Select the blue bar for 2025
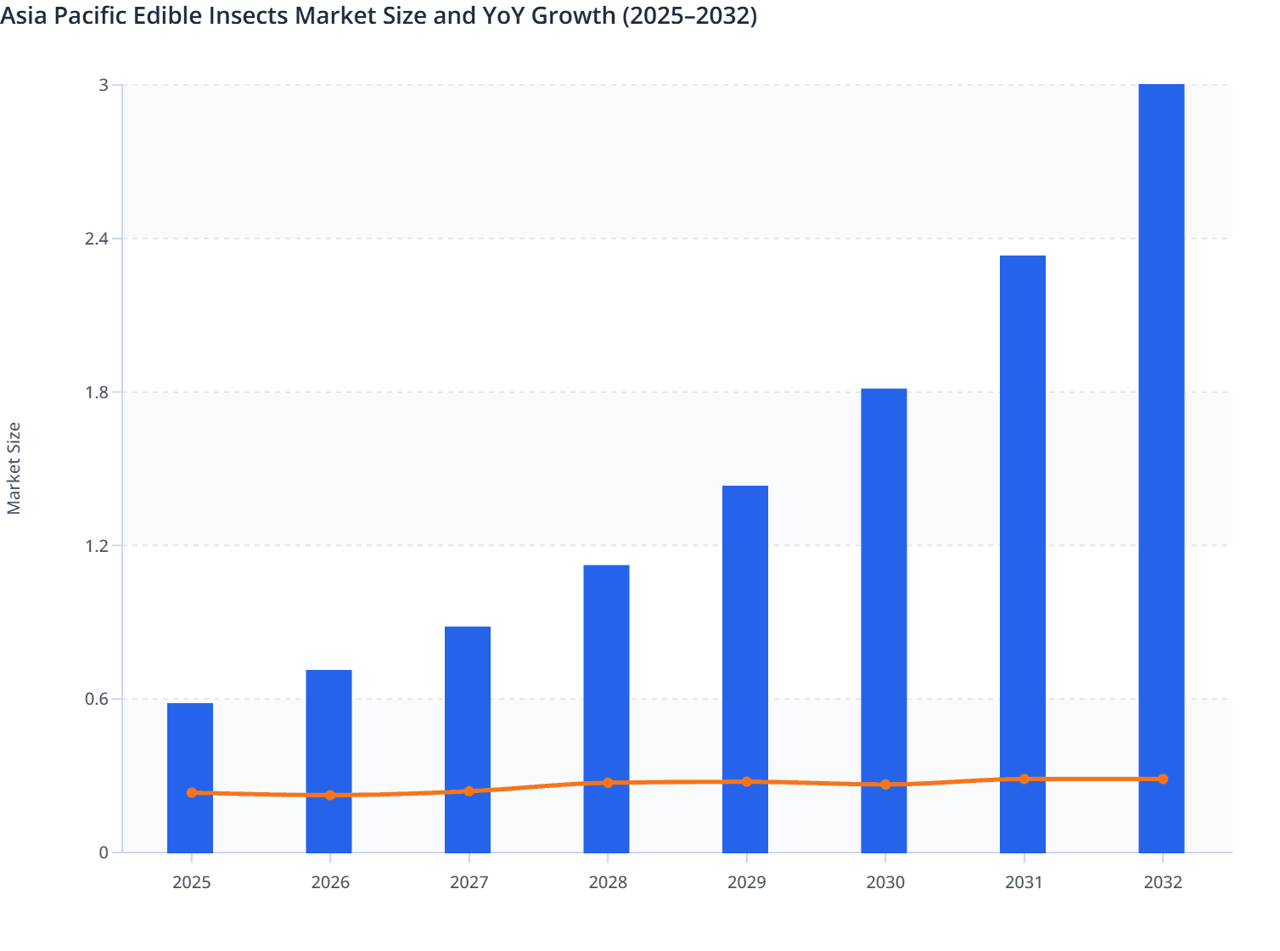pos(190,747)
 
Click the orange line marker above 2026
pos(330,796)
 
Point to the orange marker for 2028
pos(608,783)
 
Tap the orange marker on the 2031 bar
pos(1024,779)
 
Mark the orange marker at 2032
pos(1163,779)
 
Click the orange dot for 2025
pos(192,792)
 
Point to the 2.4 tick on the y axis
pos(97,239)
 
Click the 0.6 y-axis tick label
pos(97,699)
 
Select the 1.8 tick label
pos(97,392)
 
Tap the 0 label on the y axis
pos(104,853)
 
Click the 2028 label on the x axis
pos(608,882)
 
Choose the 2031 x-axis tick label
pos(1024,882)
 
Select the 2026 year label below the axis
pos(330,882)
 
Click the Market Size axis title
pos(14,468)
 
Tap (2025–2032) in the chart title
pos(689,15)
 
